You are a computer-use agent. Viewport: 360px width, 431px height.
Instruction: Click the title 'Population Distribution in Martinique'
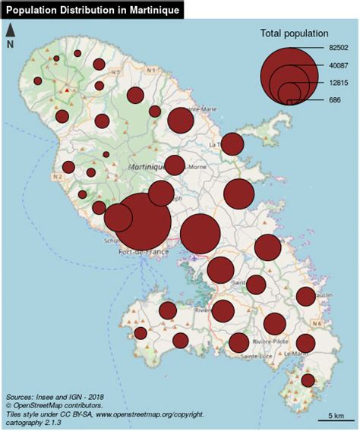pyautogui.click(x=92, y=10)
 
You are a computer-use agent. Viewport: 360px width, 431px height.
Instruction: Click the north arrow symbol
pyautogui.click(x=11, y=30)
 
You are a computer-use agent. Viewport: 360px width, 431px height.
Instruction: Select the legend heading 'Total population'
pyautogui.click(x=294, y=33)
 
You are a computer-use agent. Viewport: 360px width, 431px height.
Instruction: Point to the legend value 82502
pyautogui.click(x=338, y=48)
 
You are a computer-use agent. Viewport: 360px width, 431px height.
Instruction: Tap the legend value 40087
pyautogui.click(x=338, y=65)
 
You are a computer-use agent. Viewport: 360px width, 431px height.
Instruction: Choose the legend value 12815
pyautogui.click(x=338, y=83)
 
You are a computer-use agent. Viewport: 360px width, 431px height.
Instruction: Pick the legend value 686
pyautogui.click(x=335, y=100)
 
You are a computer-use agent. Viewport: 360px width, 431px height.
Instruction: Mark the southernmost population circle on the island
pyautogui.click(x=308, y=380)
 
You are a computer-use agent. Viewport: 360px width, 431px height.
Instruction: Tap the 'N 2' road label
pyautogui.click(x=56, y=176)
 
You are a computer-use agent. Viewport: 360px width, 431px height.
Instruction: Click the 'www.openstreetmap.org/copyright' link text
pyautogui.click(x=149, y=414)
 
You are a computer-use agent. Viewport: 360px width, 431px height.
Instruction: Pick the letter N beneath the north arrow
pyautogui.click(x=10, y=45)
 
